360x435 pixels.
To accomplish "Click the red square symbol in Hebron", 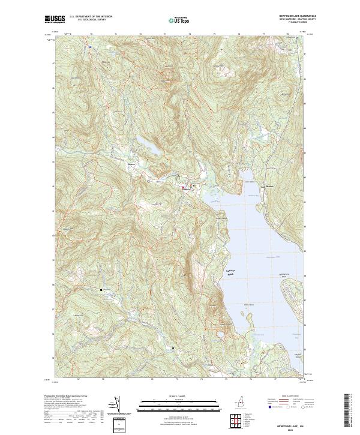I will click(x=183, y=188).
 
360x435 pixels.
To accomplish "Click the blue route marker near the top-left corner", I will click(x=90, y=46).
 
